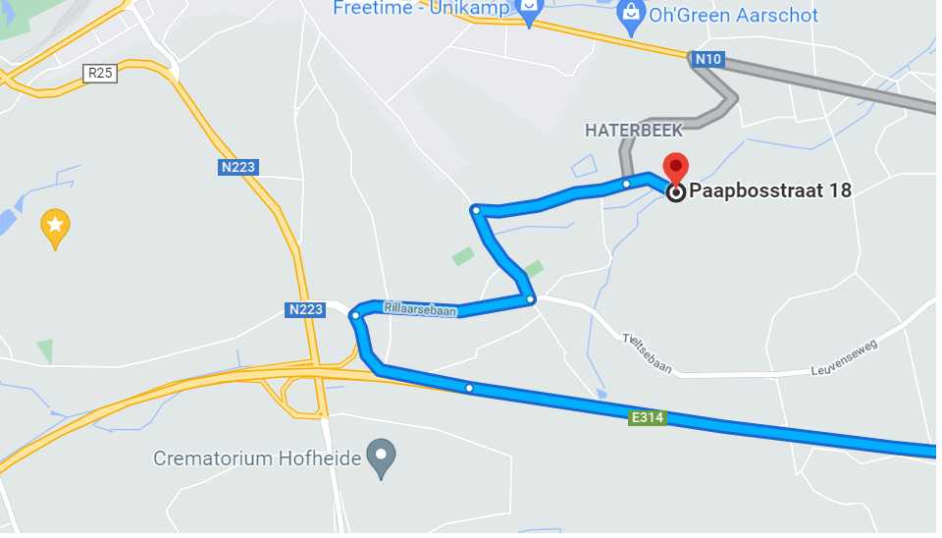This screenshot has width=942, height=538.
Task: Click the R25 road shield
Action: coord(101,73)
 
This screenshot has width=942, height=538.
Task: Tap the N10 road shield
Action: coord(707,60)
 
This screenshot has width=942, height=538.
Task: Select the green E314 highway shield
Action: coord(648,418)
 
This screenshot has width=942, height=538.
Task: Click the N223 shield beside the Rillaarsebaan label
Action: coord(305,310)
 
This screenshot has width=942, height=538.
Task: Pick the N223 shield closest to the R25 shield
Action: coord(237,167)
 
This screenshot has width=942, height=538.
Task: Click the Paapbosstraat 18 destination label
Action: coord(770,191)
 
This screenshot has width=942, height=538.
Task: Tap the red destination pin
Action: coord(676,168)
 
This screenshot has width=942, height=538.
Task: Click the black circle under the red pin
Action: coord(676,192)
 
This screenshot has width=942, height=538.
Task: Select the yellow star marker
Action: coord(55,227)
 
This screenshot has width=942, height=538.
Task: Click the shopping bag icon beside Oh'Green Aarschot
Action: coord(631,14)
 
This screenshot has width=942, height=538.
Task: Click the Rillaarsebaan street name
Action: coord(420,307)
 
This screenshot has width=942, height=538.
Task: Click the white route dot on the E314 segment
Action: coord(469,389)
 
